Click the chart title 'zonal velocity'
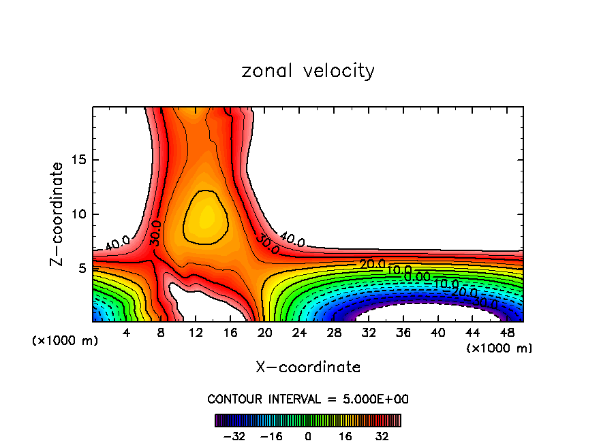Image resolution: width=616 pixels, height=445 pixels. click(x=308, y=71)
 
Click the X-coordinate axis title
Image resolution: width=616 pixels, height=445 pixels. click(x=308, y=367)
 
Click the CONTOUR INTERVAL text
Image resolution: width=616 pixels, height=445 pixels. click(x=308, y=399)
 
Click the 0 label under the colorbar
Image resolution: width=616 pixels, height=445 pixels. click(x=308, y=435)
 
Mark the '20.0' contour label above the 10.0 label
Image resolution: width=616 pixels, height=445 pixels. click(x=372, y=264)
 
